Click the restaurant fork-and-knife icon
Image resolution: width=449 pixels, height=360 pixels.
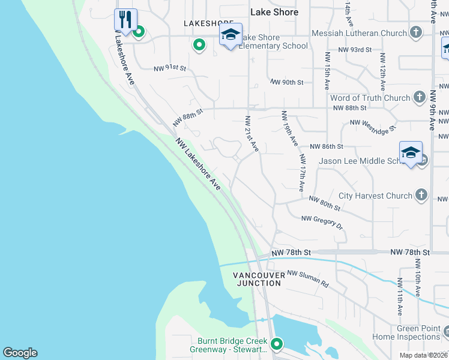[x=125, y=20]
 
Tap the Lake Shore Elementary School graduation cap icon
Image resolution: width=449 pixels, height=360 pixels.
[x=230, y=35]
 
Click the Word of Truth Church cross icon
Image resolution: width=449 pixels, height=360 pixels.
[x=420, y=98]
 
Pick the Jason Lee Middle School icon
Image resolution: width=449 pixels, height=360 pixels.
[x=411, y=154]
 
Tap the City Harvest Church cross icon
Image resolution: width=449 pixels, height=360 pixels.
[x=422, y=195]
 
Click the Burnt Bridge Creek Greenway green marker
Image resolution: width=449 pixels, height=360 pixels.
[x=277, y=344]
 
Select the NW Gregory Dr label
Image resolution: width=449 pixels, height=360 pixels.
[x=322, y=223]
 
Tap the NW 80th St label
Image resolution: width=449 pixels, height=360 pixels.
[x=325, y=203]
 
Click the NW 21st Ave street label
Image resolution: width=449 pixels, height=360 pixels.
[x=251, y=133]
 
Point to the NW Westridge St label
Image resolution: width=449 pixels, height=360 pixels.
[x=373, y=125]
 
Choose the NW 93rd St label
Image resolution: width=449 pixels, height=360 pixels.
[x=355, y=50]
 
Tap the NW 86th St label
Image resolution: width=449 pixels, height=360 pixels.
[x=326, y=146]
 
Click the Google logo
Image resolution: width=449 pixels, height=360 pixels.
[x=20, y=353]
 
